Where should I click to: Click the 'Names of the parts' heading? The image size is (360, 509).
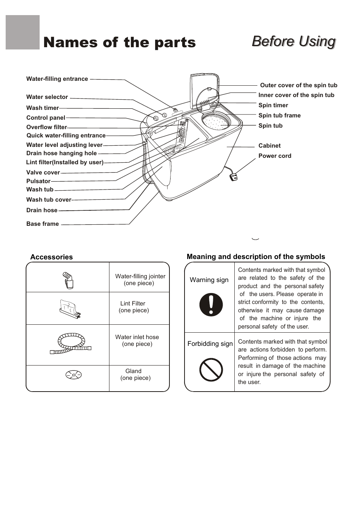click(119, 43)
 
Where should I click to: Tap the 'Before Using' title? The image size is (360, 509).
click(294, 41)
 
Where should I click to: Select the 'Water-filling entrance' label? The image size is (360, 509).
click(57, 79)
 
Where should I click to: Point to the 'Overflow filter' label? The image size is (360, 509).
click(46, 127)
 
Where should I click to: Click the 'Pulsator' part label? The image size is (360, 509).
click(38, 181)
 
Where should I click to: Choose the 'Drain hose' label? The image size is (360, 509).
click(42, 210)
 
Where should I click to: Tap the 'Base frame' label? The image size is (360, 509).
click(43, 224)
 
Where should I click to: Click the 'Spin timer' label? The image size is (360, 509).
click(273, 105)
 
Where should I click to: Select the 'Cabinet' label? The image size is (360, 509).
click(269, 146)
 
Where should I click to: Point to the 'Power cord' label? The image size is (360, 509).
click(275, 156)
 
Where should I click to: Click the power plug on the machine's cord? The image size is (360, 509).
click(234, 176)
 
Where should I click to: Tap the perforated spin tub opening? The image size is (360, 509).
click(215, 121)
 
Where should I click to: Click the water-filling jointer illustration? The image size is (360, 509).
click(68, 280)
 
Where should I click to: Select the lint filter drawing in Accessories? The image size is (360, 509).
click(70, 308)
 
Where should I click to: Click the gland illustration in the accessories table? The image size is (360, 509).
click(74, 375)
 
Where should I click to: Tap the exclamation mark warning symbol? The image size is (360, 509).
click(211, 305)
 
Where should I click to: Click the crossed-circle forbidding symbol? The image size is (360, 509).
click(211, 370)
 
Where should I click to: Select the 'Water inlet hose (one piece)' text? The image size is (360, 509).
click(137, 341)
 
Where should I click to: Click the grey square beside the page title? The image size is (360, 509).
click(23, 32)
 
